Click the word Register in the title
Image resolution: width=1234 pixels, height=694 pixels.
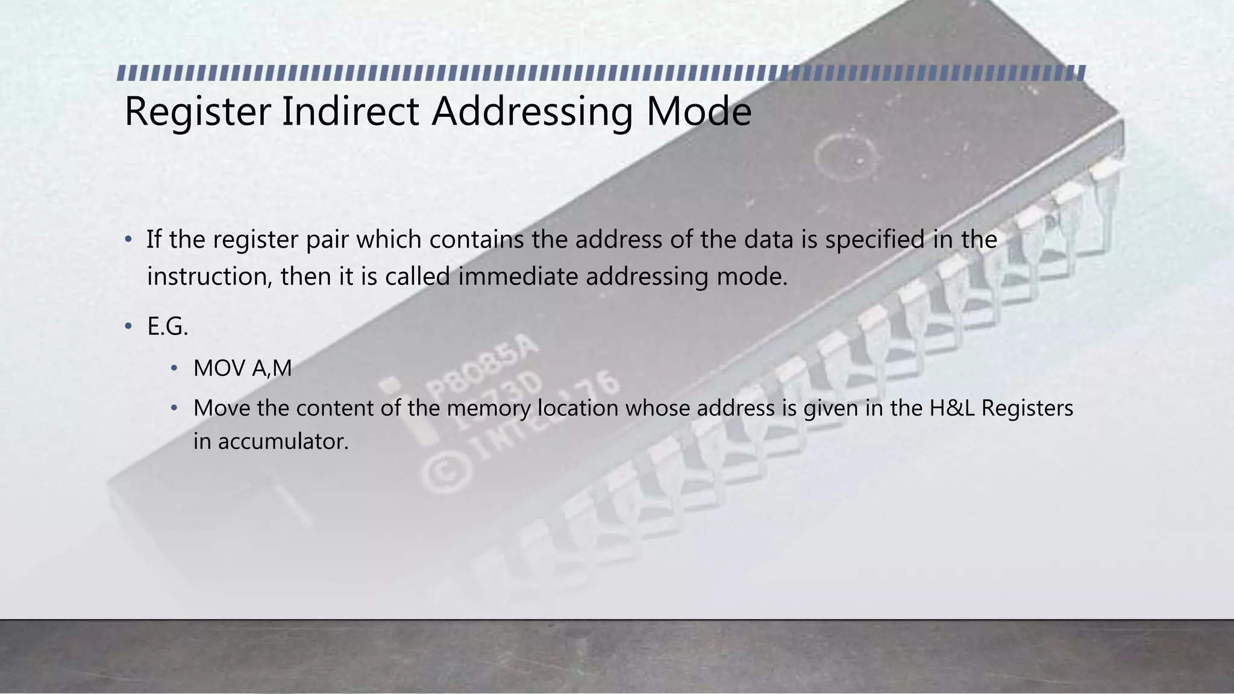(x=198, y=112)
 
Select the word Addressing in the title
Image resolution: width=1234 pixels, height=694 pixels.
(x=532, y=112)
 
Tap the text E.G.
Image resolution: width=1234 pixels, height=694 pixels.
(x=168, y=327)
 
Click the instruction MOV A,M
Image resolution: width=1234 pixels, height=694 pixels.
(x=242, y=368)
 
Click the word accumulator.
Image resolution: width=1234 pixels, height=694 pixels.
(x=283, y=442)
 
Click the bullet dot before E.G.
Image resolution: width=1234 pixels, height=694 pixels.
(x=128, y=327)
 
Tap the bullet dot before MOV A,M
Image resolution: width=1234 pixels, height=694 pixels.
(x=174, y=367)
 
